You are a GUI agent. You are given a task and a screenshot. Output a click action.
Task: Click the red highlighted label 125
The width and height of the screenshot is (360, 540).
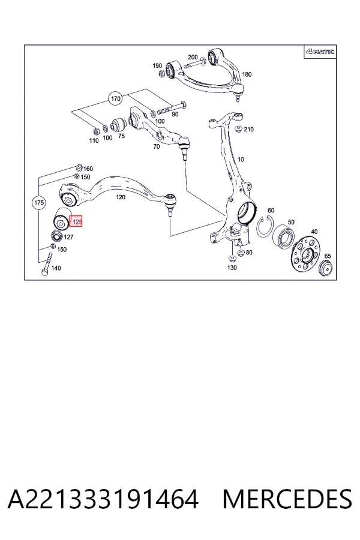tap(76, 222)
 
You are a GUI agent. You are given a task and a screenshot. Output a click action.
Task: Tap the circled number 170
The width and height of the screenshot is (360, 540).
tap(116, 99)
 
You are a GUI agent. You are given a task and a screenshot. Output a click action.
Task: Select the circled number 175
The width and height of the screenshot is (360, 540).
tap(38, 203)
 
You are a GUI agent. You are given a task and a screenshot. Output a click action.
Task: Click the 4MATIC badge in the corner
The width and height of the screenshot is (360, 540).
tap(320, 52)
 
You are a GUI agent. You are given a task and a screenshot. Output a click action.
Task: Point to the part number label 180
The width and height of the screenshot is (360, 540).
tap(247, 74)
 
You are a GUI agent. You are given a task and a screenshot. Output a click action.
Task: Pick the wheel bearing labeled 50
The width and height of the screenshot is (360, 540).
tap(284, 238)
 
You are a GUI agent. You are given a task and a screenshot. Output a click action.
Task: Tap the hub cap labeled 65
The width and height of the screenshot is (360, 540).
tap(325, 269)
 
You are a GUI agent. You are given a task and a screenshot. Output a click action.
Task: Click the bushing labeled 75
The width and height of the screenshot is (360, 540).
tap(117, 125)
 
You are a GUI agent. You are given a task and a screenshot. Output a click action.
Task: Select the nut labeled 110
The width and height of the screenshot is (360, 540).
tap(97, 131)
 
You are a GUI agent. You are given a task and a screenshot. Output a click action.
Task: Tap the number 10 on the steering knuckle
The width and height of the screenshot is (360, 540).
tap(241, 160)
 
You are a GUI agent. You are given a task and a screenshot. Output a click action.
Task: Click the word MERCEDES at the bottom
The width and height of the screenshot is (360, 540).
tap(287, 499)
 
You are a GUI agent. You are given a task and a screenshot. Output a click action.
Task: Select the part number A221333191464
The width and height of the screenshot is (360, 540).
tap(103, 499)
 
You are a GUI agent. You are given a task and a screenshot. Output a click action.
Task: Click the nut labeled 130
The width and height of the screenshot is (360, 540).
tap(232, 259)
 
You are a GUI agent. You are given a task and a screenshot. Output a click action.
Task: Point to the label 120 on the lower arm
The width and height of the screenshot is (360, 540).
tap(121, 197)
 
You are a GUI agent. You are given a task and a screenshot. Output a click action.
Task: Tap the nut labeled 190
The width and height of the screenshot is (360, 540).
tap(162, 73)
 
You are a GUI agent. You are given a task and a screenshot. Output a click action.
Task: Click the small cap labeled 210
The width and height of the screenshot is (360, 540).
tap(238, 130)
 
